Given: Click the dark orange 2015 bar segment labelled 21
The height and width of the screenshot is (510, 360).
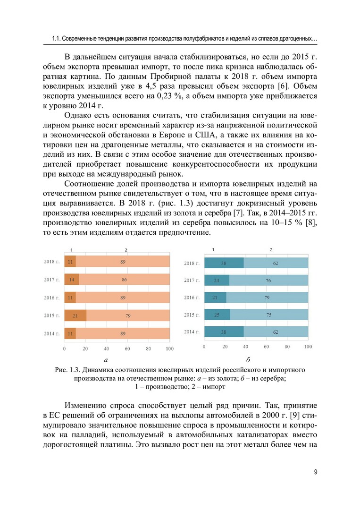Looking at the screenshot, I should [75, 315].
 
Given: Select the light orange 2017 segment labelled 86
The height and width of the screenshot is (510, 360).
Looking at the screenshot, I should [124, 280].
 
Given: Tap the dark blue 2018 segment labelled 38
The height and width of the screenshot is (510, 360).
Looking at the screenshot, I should [224, 263].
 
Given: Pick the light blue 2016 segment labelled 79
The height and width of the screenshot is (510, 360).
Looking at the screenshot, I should [268, 297].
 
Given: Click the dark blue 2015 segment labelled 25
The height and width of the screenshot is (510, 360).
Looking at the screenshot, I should [217, 314].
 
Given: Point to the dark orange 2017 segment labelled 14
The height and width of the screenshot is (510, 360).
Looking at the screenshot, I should [71, 280].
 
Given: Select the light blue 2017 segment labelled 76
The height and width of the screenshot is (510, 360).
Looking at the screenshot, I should [268, 280].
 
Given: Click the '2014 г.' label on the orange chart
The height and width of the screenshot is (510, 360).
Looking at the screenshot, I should [51, 333].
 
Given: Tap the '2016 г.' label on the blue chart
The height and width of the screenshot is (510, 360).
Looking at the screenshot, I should [192, 297].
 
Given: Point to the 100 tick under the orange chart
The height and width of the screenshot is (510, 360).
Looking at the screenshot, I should [169, 349].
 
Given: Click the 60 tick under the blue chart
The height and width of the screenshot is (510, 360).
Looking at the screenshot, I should [267, 347].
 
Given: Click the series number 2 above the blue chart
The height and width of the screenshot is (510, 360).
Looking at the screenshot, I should [271, 249].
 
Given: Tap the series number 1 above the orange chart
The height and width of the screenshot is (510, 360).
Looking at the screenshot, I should [71, 249].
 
